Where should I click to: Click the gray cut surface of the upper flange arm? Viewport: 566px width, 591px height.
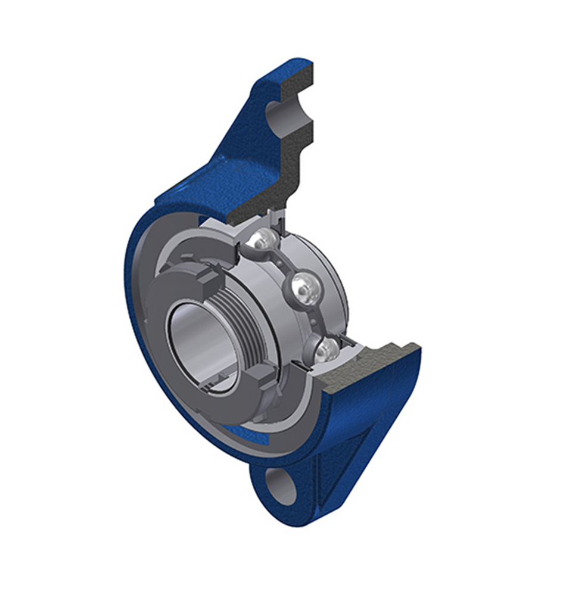(x=286, y=161)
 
